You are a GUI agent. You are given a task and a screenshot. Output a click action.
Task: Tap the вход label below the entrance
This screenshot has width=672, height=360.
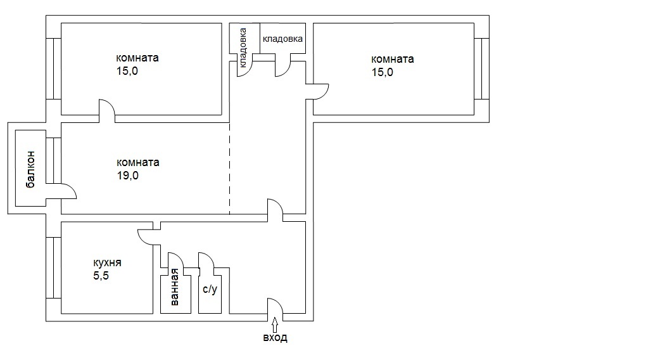tap(276, 338)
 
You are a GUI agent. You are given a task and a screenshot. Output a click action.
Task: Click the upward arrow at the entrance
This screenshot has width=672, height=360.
tap(274, 325)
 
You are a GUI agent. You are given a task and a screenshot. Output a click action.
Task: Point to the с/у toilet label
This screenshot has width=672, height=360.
tap(210, 289)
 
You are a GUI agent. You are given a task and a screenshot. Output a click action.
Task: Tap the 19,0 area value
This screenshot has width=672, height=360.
tap(127, 176)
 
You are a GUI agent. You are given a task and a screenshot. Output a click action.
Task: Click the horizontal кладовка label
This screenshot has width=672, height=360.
tap(282, 39)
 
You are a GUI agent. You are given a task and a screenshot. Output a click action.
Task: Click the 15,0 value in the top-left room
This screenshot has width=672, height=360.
tap(127, 71)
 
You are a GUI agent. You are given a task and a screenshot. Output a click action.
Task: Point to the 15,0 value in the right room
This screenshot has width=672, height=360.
tap(383, 72)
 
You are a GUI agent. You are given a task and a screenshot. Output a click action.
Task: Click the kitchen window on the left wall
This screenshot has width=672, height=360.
tap(53, 267)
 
